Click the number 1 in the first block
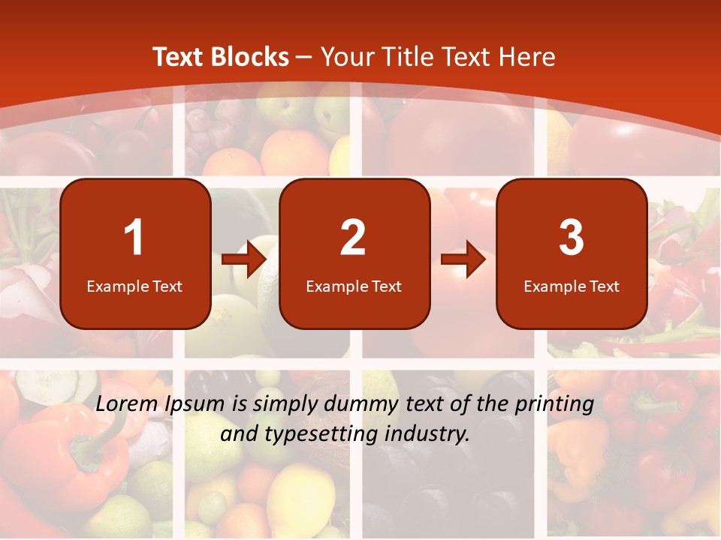134,238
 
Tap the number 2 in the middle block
353,238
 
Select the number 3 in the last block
572,238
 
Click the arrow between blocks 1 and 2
245,259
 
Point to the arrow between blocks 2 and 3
463,259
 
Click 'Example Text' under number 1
134,286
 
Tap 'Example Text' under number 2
354,286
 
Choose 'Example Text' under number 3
572,286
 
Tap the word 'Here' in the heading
529,57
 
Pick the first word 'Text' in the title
178,57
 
